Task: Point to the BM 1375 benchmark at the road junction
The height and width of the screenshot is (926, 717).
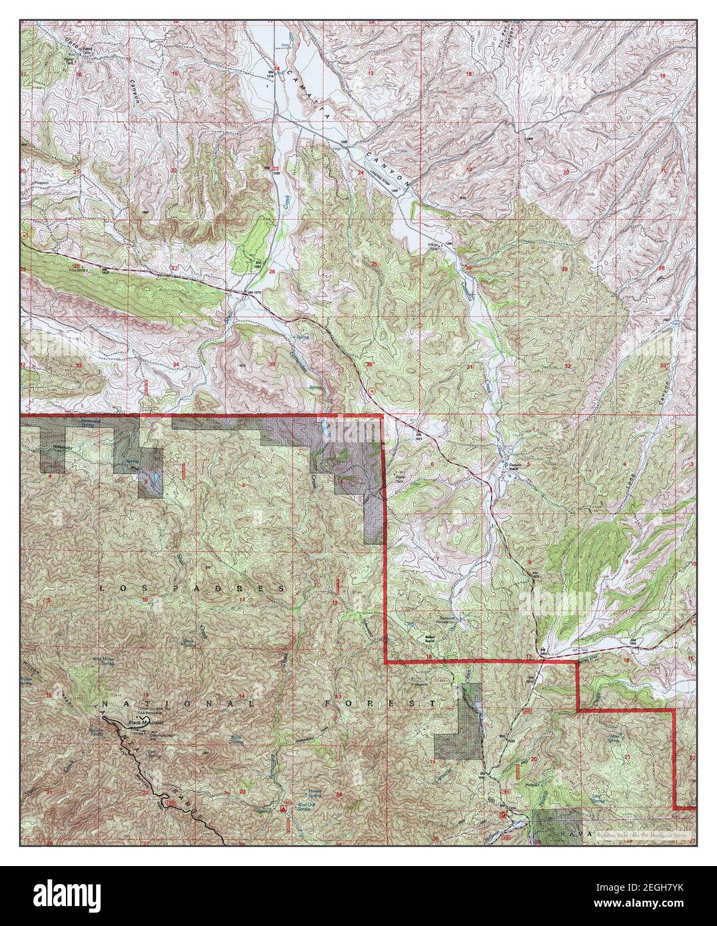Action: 251,292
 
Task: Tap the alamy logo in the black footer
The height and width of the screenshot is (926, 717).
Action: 67,895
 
